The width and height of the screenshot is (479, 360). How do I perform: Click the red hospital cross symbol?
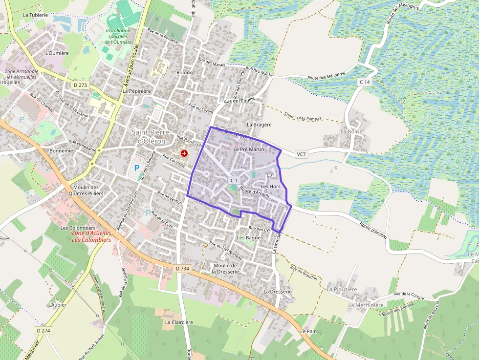(x=184, y=153)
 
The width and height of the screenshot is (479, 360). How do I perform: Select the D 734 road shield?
(x=181, y=269)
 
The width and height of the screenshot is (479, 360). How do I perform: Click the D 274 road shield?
(x=44, y=331)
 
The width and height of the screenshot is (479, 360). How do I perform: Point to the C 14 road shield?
(x=365, y=82)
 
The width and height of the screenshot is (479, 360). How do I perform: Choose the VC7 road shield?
(x=302, y=154)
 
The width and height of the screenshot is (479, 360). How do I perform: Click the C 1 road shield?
(x=234, y=181)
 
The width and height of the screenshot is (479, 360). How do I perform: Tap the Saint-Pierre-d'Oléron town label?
(x=151, y=137)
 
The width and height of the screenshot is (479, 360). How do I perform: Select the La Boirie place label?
(x=351, y=131)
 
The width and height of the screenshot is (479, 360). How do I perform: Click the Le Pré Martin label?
(x=249, y=149)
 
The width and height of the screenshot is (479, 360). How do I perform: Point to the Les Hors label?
(x=270, y=187)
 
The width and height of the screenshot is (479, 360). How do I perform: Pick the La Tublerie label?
(x=35, y=15)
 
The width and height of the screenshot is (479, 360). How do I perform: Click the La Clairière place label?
(x=179, y=322)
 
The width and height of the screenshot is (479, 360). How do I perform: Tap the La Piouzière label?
(x=342, y=289)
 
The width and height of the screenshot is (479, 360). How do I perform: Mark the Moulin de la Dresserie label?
(x=225, y=268)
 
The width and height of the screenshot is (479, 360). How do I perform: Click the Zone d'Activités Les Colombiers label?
(x=91, y=237)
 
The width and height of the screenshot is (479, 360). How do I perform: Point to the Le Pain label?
(x=309, y=331)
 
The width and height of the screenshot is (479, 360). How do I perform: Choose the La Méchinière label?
(x=366, y=305)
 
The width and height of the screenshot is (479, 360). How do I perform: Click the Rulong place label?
(x=185, y=73)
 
